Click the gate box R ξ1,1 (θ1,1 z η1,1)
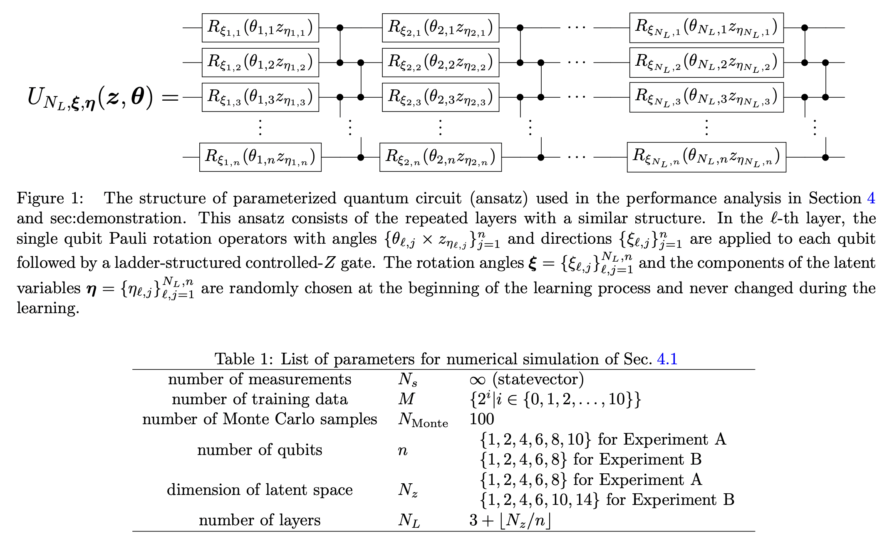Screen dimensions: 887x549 coord(260,28)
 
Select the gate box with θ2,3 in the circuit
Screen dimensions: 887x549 coord(440,97)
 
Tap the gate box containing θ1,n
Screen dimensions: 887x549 coord(260,157)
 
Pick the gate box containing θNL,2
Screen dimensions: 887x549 coord(706,63)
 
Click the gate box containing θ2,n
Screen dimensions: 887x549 coord(440,157)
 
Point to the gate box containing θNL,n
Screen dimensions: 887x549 coord(706,157)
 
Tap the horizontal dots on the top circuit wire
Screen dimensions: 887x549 coord(576,28)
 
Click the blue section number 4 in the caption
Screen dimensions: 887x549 coord(871,198)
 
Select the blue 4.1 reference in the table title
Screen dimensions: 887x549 coord(667,359)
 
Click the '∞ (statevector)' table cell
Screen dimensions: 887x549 coord(526,379)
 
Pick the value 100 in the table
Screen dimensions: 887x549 coord(481,419)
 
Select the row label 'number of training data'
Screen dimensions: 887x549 coord(260,399)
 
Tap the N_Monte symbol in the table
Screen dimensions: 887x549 coord(423,420)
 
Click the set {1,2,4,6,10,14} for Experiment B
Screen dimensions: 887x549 coord(540,500)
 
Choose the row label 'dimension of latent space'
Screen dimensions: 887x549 coord(260,490)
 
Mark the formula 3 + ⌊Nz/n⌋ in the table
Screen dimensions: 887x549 coord(510,520)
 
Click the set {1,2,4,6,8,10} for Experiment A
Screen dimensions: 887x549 coord(535,440)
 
